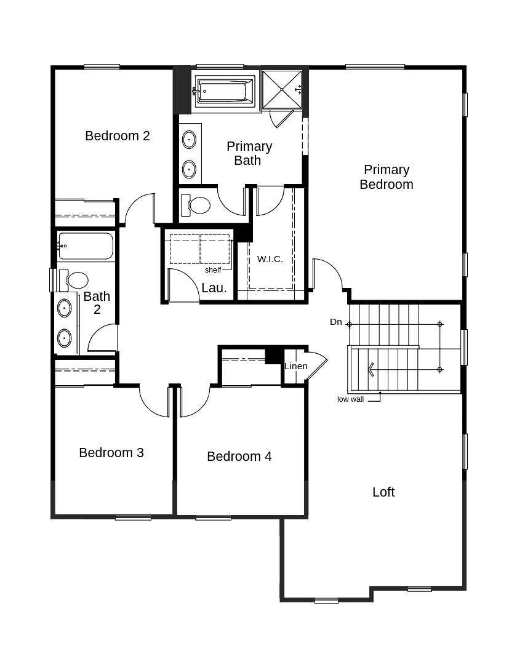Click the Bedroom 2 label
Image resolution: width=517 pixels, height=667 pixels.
click(118, 136)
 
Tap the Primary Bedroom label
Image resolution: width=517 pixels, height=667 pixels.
click(387, 177)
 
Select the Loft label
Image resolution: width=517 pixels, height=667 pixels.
click(383, 492)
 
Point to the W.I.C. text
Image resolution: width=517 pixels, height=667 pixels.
click(270, 259)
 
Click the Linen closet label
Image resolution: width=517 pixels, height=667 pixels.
click(295, 366)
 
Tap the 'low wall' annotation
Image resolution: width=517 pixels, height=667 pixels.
click(350, 399)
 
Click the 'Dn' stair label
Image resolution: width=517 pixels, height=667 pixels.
click(335, 322)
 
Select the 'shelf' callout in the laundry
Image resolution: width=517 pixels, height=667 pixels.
click(213, 270)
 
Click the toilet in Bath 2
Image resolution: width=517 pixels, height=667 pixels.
click(74, 280)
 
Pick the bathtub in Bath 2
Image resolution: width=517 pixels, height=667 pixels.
click(86, 246)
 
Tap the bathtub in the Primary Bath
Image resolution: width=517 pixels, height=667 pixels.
click(225, 90)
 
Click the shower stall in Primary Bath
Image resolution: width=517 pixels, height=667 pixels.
click(282, 90)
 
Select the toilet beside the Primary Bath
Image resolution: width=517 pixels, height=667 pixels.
click(196, 206)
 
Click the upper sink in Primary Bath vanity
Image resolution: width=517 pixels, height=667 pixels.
click(190, 140)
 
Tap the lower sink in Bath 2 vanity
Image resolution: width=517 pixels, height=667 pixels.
click(64, 338)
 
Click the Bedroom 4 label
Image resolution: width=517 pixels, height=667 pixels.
click(239, 457)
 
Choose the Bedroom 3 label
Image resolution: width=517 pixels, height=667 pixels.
click(111, 453)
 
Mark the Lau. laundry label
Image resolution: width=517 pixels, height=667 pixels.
click(214, 288)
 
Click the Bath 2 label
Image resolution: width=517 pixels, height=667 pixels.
click(97, 303)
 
